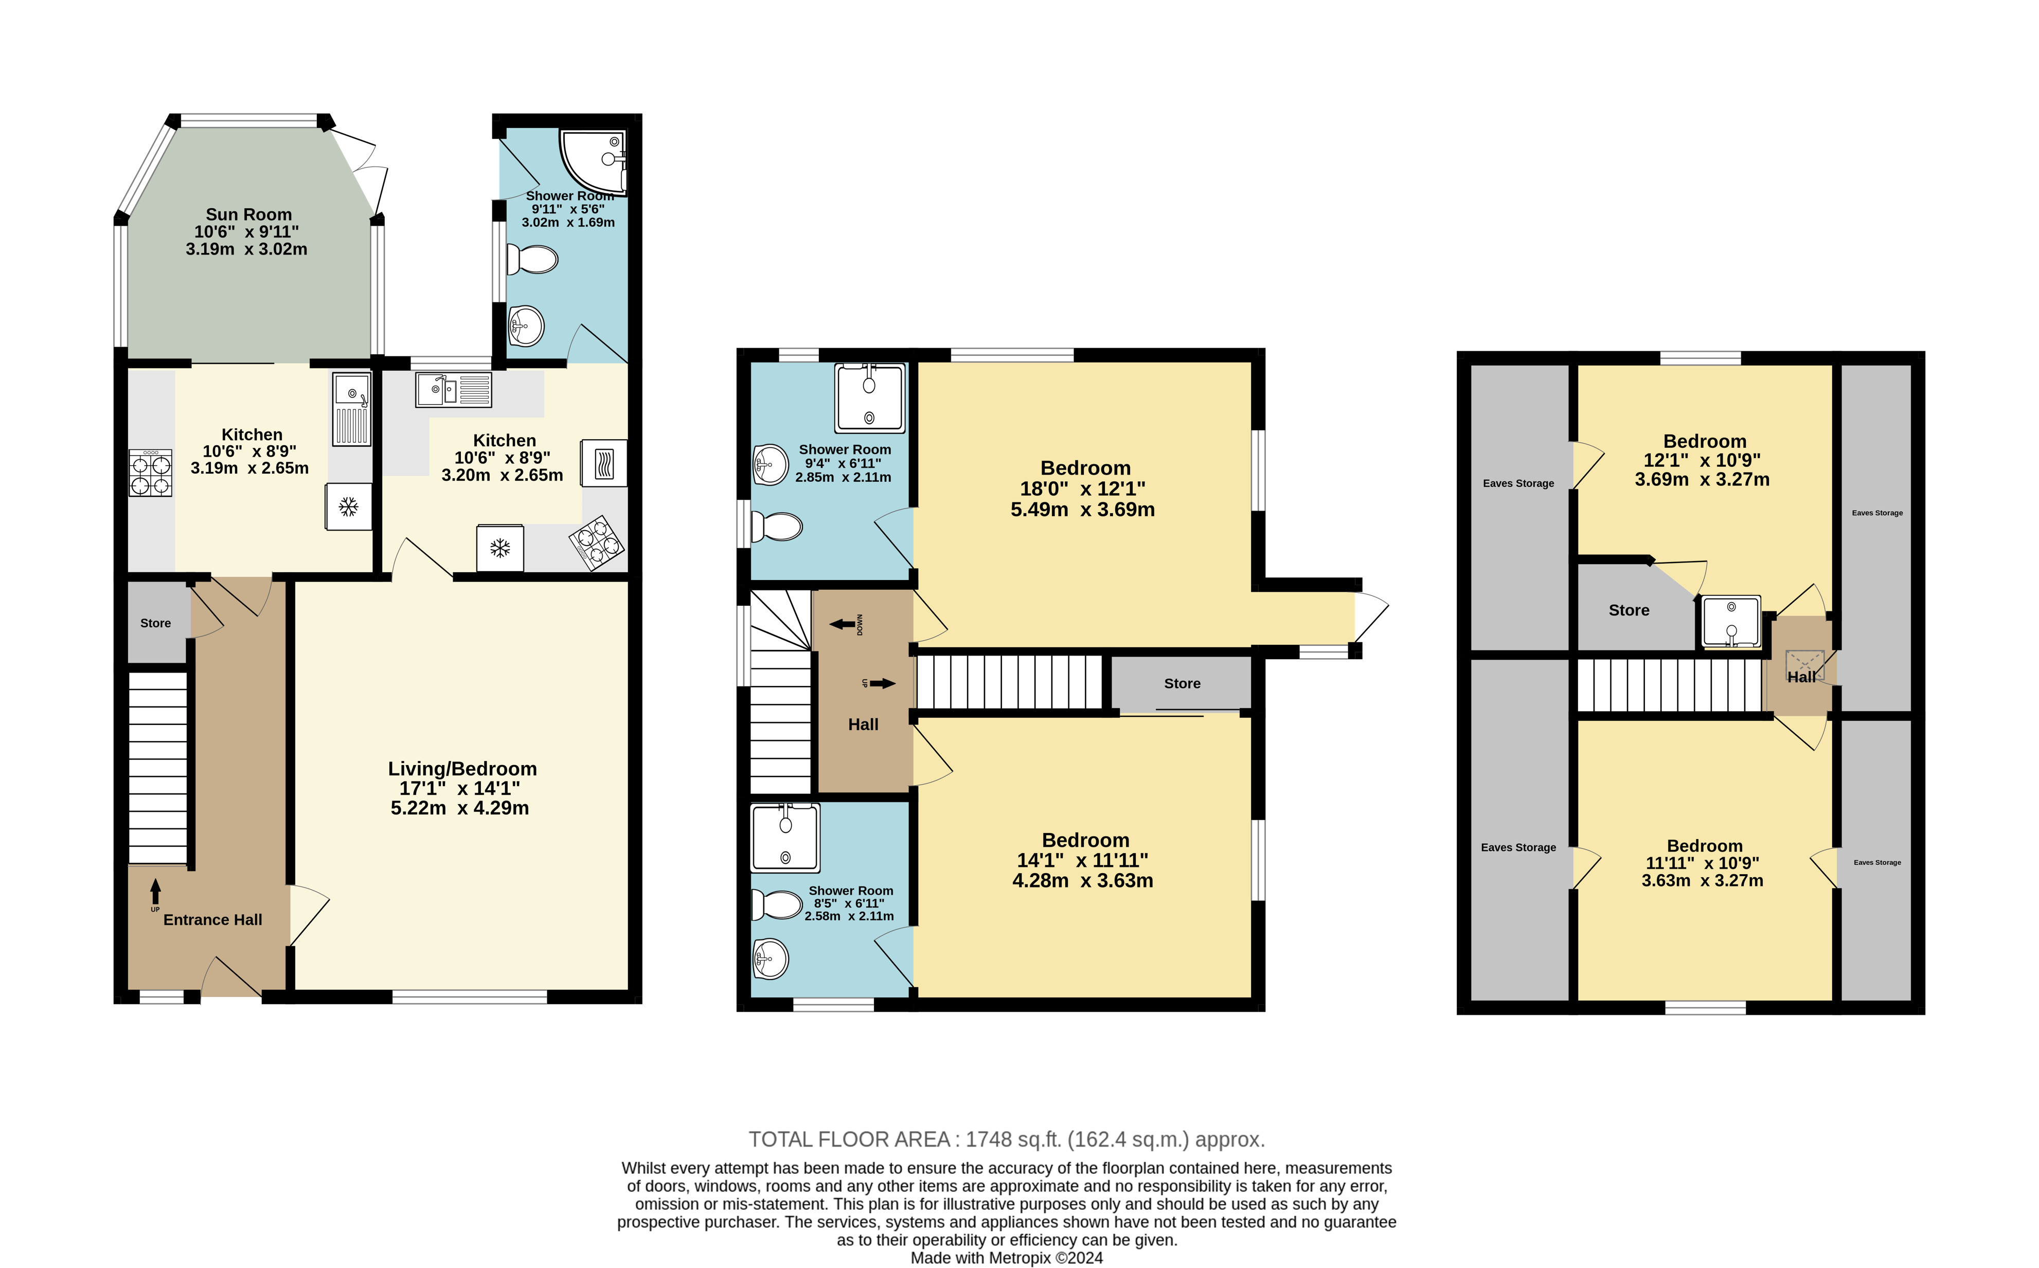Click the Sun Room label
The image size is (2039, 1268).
(x=249, y=215)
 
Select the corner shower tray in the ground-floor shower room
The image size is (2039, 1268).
(x=593, y=162)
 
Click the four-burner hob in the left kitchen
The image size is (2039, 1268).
(x=150, y=474)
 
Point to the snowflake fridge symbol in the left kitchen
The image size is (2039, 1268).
(x=348, y=506)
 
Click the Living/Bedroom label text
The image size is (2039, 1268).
(x=462, y=769)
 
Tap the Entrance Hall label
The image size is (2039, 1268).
(x=213, y=920)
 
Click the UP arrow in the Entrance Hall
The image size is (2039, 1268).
(x=155, y=892)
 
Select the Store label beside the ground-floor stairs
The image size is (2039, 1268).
(x=155, y=623)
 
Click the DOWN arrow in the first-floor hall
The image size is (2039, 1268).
(x=842, y=624)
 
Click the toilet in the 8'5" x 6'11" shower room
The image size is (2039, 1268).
(x=778, y=905)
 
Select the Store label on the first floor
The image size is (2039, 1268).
(x=1183, y=683)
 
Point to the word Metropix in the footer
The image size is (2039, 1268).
(x=1020, y=1258)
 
